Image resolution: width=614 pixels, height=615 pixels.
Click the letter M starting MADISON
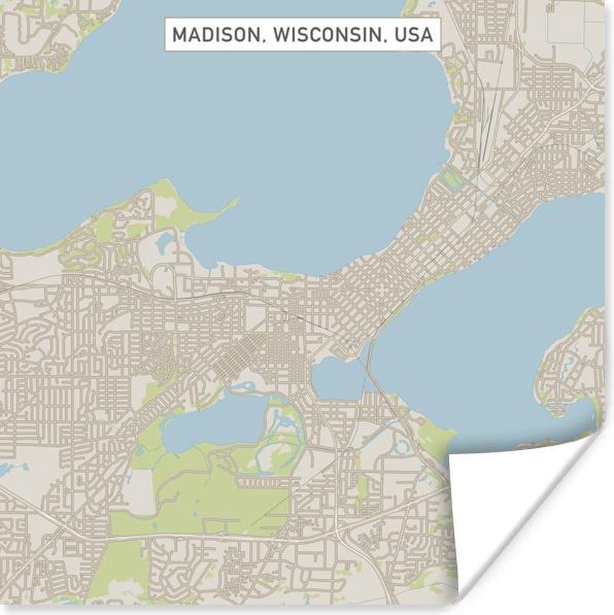[x=179, y=35]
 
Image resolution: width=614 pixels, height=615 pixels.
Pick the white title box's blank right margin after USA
[x=437, y=35]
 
